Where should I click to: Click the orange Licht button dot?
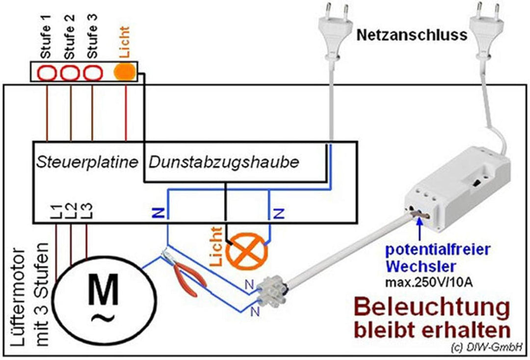[124, 72]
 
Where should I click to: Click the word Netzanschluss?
[412, 36]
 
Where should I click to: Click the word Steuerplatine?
[86, 163]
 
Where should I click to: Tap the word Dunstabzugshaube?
[223, 163]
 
